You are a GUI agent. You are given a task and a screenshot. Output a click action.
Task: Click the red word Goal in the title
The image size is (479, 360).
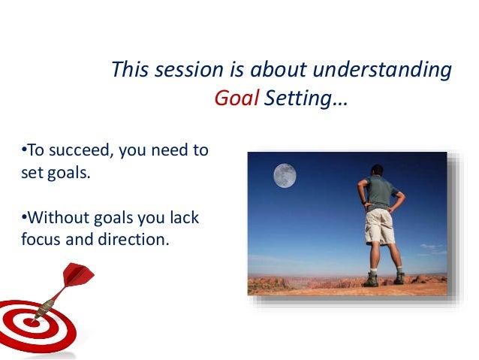tap(236, 98)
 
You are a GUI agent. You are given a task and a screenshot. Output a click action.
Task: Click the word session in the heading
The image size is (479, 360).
tap(189, 70)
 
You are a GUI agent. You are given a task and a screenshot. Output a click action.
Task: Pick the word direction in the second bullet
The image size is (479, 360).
tap(134, 239)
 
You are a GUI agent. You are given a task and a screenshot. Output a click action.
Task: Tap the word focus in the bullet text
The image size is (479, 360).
tap(41, 239)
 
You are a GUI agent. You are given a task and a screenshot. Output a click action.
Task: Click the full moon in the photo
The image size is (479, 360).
tap(285, 175)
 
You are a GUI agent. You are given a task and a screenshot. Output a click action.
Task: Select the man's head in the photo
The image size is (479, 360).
tap(377, 171)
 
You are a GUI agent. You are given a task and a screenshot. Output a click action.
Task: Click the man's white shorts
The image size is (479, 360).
tap(380, 227)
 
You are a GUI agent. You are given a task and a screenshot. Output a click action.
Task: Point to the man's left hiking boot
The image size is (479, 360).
tap(371, 280)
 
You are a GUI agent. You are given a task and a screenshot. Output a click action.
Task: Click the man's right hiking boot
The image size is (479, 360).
tap(399, 278)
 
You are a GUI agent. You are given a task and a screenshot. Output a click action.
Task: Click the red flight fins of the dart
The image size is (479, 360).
tap(77, 274)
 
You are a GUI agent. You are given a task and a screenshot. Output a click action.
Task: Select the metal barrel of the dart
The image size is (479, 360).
tap(44, 309)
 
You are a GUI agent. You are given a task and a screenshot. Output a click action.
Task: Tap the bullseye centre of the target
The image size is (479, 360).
tap(32, 322)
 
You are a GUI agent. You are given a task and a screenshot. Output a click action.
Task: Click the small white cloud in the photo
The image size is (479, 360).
tap(432, 247)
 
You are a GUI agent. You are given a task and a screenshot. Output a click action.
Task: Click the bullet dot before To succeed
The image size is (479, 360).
tap(24, 150)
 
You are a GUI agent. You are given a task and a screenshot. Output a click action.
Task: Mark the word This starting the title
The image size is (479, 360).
tap(130, 69)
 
